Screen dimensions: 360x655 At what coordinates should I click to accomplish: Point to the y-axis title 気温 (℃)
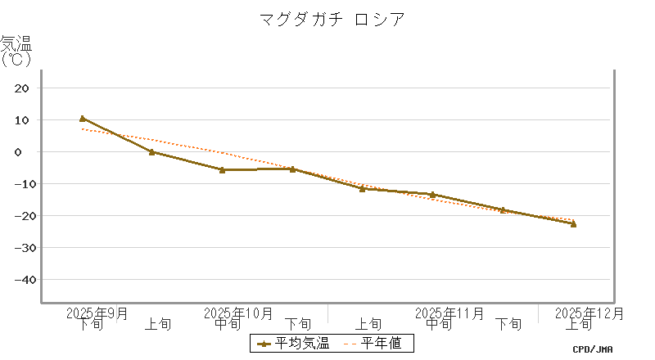tap(16, 50)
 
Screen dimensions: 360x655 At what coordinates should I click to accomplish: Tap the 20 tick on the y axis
tap(23, 88)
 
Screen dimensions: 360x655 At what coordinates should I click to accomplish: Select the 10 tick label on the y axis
tap(23, 119)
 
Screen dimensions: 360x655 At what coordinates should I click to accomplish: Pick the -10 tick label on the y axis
tap(20, 183)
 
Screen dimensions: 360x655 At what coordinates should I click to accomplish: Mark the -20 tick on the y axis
tap(20, 215)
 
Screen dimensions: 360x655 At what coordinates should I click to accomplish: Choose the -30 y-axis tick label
tap(20, 247)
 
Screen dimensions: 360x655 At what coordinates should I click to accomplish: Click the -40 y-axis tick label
tap(20, 279)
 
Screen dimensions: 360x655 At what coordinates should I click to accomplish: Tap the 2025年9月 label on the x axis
tap(97, 313)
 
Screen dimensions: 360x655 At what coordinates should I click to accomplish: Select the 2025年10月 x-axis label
tap(238, 313)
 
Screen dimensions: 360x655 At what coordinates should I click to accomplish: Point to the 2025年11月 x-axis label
tap(449, 313)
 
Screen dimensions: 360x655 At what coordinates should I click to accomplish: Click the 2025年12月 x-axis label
tap(589, 313)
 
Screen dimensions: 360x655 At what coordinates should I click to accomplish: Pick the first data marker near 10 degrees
tap(83, 119)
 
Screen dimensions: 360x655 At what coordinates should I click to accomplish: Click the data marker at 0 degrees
tap(152, 151)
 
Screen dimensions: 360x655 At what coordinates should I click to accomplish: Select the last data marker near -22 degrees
tap(573, 223)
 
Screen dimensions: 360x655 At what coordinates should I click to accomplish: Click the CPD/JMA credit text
tap(593, 349)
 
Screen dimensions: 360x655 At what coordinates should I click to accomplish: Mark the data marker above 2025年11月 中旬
tap(432, 195)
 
